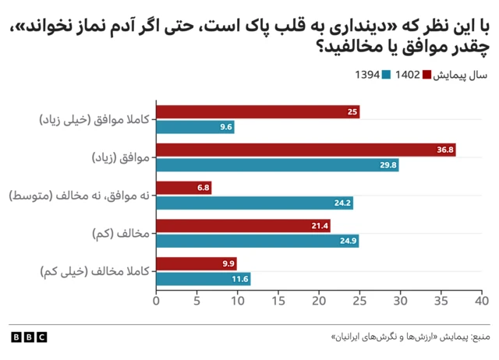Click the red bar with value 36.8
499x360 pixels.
[x=306, y=150]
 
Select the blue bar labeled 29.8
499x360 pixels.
[x=278, y=165]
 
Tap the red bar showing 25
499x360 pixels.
[x=257, y=112]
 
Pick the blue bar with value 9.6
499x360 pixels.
[x=195, y=127]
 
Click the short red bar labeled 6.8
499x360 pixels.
[x=184, y=188]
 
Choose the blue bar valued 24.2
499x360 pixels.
[x=255, y=203]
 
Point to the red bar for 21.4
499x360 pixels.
[x=243, y=226]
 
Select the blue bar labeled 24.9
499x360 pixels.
[x=257, y=241]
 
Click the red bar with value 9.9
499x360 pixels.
[x=196, y=263]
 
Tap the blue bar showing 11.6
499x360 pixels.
[x=203, y=278]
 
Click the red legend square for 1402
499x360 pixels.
[x=426, y=76]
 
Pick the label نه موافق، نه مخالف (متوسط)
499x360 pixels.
[x=79, y=196]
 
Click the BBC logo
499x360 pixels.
[x=29, y=337]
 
